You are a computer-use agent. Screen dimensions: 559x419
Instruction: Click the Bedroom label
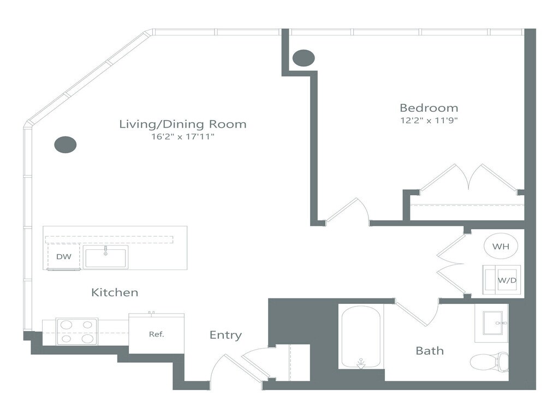pos(429,107)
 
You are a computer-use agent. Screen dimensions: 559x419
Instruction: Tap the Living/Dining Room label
pos(182,124)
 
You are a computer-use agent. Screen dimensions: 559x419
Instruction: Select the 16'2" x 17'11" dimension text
pos(183,136)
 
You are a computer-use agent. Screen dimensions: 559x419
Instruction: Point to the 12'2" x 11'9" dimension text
pos(429,121)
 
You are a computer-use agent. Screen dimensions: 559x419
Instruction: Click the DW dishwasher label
pos(64,256)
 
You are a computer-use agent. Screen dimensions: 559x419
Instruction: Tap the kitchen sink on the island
pos(105,257)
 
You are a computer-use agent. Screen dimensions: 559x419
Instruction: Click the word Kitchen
pos(115,292)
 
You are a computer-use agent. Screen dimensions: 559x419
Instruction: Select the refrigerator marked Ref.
pos(157,334)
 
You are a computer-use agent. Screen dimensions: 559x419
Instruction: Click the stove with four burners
pos(76,331)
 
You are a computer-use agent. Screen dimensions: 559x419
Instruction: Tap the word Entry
pos(225,335)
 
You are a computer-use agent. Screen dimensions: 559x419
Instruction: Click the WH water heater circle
pos(501,246)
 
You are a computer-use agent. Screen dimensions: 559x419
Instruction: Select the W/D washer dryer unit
pos(502,280)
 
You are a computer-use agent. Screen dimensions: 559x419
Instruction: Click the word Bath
pos(430,351)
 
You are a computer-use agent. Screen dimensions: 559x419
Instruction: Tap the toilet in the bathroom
pos(489,362)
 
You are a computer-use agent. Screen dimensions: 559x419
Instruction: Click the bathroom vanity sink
pos(493,323)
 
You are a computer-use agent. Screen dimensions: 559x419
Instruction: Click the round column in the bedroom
pos(304,58)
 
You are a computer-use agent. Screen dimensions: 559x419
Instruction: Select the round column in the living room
pos(66,145)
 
